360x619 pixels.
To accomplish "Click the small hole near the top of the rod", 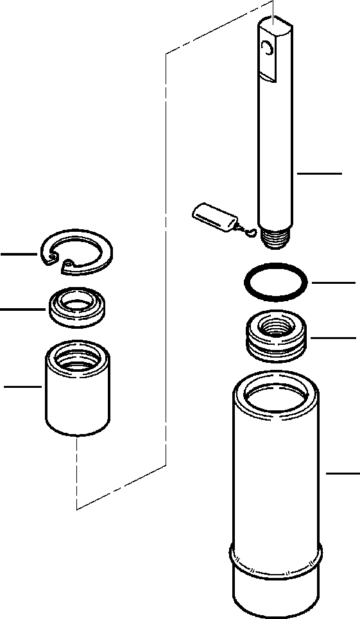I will tap(267, 47).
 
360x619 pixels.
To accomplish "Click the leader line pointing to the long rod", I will tap(319, 173).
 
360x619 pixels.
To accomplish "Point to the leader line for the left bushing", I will tap(23, 387).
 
